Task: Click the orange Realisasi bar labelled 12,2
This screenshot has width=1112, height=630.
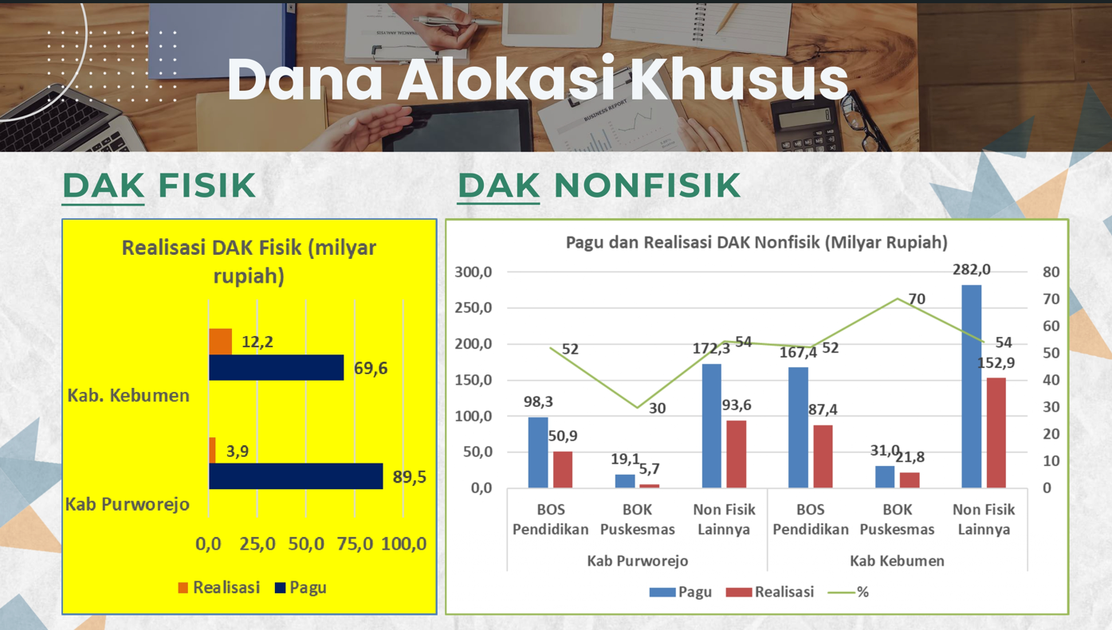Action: [221, 342]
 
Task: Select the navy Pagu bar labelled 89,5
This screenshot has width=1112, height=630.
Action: [296, 476]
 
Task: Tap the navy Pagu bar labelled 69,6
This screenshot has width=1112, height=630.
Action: [277, 368]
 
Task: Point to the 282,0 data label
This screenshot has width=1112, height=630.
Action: [971, 269]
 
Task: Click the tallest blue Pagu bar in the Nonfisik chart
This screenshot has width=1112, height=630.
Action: [972, 386]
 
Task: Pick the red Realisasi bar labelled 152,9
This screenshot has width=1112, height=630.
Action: [996, 432]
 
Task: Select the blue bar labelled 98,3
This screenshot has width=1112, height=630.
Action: [538, 452]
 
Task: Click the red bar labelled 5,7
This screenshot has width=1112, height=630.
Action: [650, 486]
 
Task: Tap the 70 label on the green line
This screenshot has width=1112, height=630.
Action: [917, 299]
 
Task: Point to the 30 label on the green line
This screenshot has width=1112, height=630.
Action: [657, 409]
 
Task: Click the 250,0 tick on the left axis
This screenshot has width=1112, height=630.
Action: [473, 308]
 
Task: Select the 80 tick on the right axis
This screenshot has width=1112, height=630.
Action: [1051, 272]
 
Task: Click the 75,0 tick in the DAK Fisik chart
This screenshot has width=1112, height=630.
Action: [355, 544]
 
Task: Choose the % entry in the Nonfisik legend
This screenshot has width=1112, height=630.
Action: [848, 592]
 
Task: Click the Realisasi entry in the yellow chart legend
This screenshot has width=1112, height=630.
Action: [219, 587]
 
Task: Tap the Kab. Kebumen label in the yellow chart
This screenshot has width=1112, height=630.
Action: [128, 395]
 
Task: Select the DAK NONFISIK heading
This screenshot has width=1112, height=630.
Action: [599, 186]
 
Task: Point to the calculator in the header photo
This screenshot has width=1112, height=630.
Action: [807, 123]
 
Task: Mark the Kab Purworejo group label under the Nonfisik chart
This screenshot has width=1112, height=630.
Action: [638, 561]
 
